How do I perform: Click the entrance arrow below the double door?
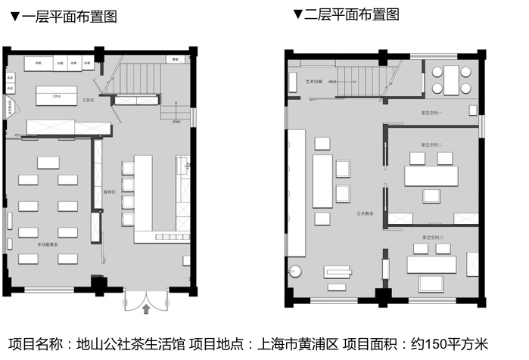tap(145, 309)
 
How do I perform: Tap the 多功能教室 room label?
tap(49, 244)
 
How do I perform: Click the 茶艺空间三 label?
tap(433, 237)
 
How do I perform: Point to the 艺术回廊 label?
tap(313, 81)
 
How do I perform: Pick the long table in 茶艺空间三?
tap(431, 265)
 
